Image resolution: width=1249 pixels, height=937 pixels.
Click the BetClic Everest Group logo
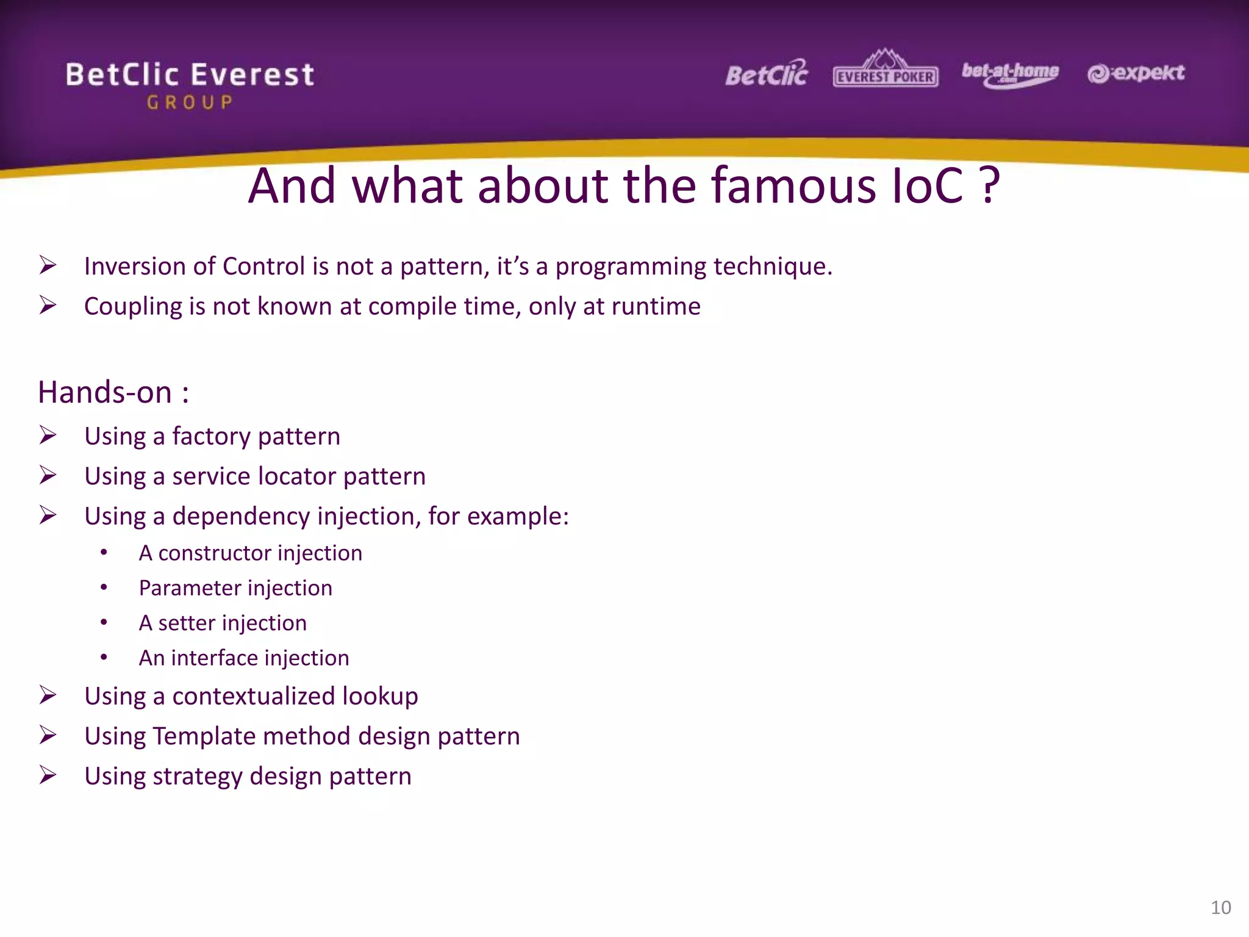pyautogui.click(x=190, y=84)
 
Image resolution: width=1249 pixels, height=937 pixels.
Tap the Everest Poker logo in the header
pyautogui.click(x=886, y=70)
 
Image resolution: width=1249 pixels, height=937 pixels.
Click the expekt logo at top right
pyautogui.click(x=1136, y=73)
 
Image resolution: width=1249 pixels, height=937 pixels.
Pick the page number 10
pyautogui.click(x=1220, y=907)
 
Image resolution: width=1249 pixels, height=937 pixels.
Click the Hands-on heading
pyautogui.click(x=113, y=392)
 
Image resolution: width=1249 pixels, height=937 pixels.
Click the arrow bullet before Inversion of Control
pyautogui.click(x=48, y=265)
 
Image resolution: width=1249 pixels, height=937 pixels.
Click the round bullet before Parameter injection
pyautogui.click(x=104, y=587)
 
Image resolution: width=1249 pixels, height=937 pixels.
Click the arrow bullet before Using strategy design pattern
pyautogui.click(x=48, y=775)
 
